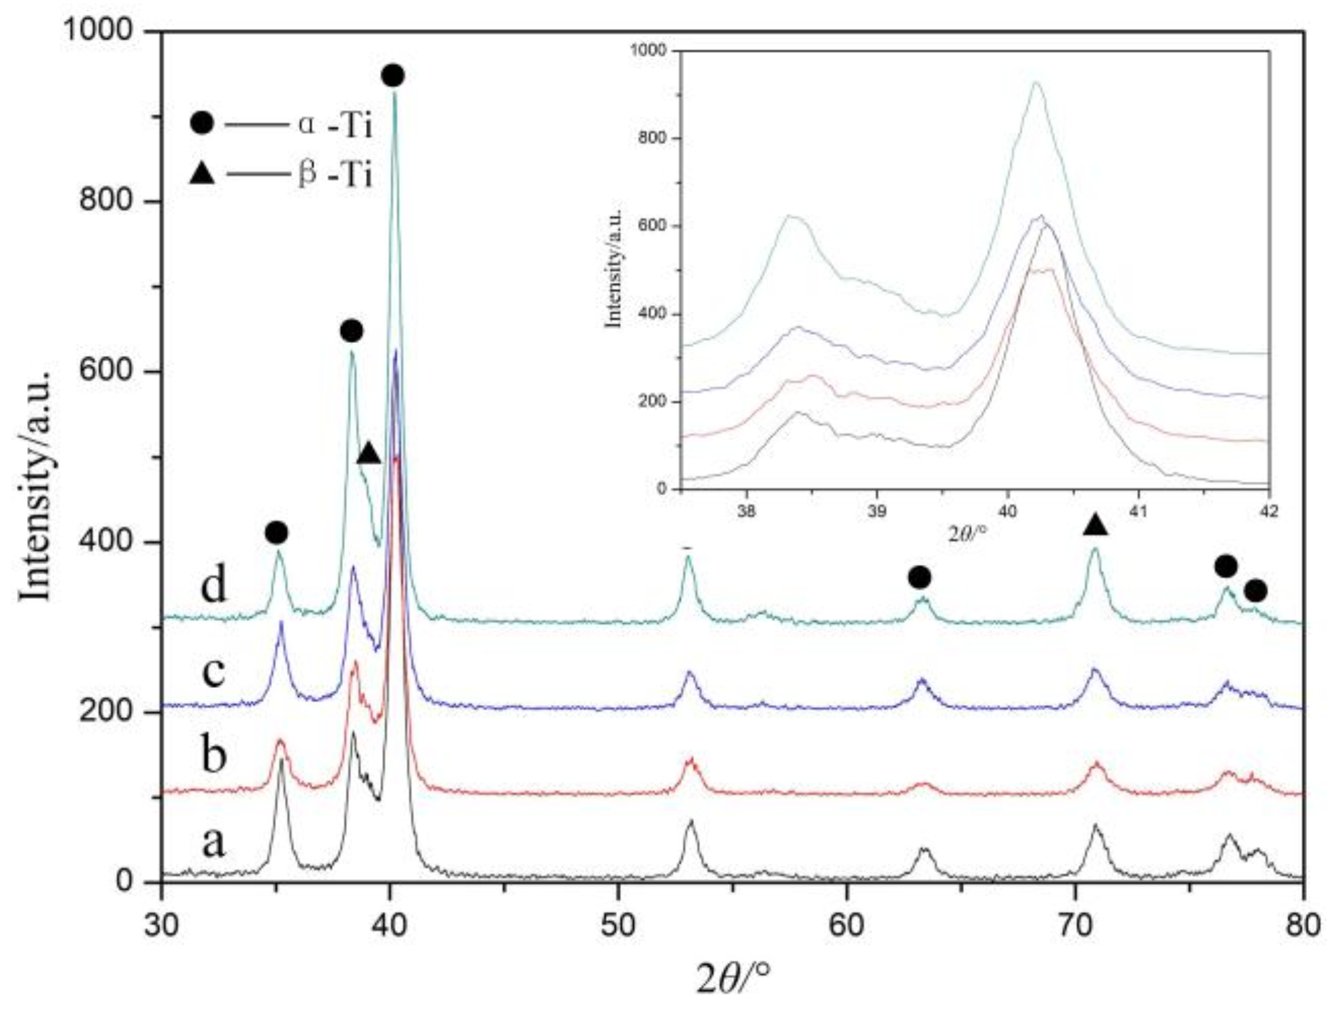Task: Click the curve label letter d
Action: pyautogui.click(x=213, y=585)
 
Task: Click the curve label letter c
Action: pyautogui.click(x=213, y=672)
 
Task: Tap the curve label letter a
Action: pyautogui.click(x=213, y=843)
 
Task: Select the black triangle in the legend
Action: pyautogui.click(x=202, y=174)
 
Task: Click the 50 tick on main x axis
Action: pyautogui.click(x=618, y=924)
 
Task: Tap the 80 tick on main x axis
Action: pyautogui.click(x=1302, y=924)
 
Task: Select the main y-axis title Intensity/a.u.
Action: pyautogui.click(x=35, y=485)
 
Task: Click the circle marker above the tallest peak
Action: pyautogui.click(x=393, y=75)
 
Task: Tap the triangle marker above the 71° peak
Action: pyautogui.click(x=1095, y=524)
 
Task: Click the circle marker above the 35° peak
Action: pyautogui.click(x=276, y=533)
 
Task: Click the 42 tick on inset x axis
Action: pyautogui.click(x=1269, y=511)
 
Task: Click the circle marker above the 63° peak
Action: pyautogui.click(x=919, y=577)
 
